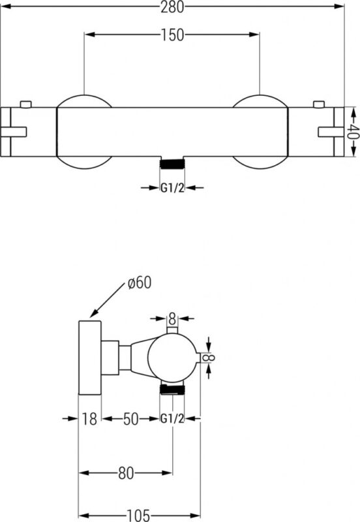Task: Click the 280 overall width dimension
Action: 172,7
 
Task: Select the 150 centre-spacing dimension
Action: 172,35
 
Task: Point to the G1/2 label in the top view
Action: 172,188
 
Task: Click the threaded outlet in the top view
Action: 172,164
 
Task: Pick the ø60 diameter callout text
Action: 140,283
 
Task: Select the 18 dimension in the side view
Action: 89,418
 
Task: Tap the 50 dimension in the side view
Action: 130,419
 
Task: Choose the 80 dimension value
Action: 126,472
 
